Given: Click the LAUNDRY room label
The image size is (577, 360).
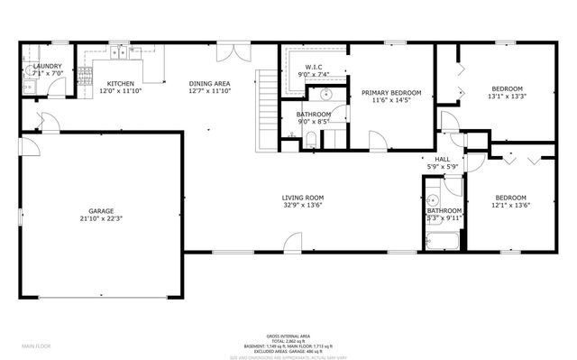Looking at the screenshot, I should click(47, 66).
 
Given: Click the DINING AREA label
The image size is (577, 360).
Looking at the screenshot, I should click(210, 82).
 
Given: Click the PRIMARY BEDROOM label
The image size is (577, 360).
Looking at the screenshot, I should click(390, 92).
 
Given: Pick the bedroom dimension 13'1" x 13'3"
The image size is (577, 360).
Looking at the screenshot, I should click(506, 96).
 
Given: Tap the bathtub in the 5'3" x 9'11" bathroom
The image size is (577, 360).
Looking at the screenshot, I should click(442, 241).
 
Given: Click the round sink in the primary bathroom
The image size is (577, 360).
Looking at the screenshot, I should click(323, 95).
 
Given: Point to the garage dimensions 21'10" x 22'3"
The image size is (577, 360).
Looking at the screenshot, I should click(100, 217).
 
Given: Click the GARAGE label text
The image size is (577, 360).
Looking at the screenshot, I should click(100, 210).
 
